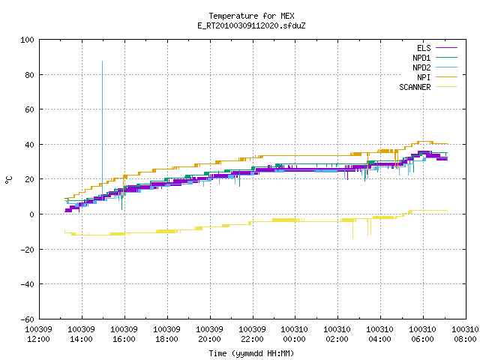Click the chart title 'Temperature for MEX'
coord(251,16)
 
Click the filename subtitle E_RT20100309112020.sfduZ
coord(251,25)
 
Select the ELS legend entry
coord(436,48)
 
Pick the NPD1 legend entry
coord(435,58)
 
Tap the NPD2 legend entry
coord(435,67)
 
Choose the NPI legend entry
coord(436,77)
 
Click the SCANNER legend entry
coord(428,87)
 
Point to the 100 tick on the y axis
coord(27,40)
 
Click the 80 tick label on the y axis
coord(29,75)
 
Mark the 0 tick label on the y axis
coord(31,214)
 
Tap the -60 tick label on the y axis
coord(27,319)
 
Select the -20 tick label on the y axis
coord(27,250)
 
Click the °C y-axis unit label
coord(8,180)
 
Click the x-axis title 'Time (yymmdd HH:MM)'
coord(251,353)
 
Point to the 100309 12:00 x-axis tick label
coord(38,334)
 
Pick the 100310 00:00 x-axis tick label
coord(295,334)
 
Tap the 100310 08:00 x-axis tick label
coord(465,334)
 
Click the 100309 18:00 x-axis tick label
coord(166,334)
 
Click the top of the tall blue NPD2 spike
coord(102,61)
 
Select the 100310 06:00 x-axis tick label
coord(423,334)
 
